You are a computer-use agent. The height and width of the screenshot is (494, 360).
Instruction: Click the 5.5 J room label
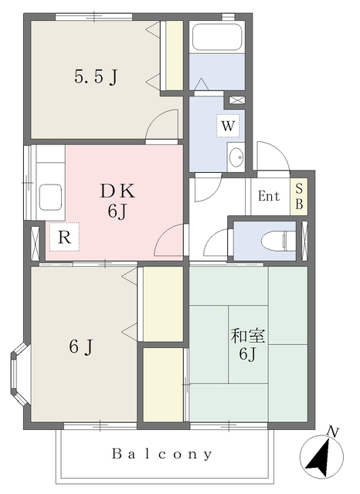pos(96,76)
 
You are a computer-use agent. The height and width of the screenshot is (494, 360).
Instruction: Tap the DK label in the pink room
pos(117,191)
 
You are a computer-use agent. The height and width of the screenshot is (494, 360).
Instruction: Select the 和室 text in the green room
pos(248,337)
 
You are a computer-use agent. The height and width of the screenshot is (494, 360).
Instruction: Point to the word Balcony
pos(162,454)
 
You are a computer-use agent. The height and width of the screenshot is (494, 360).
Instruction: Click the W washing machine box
pos(228,126)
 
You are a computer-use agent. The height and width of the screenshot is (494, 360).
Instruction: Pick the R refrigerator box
pos(64,237)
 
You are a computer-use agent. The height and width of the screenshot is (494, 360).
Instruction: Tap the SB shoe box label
pos(299,198)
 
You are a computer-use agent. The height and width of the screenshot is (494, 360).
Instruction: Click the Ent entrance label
pos(269,196)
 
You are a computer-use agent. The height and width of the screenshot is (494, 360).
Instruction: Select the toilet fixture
pos(279,242)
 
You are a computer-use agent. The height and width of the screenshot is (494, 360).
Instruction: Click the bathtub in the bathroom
pos(217,38)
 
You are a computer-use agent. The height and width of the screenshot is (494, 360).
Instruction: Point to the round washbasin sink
pos(236,157)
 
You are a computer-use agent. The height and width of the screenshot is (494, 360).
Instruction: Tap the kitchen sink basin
pos(50,197)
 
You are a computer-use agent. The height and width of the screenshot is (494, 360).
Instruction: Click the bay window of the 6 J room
pos(18,374)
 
